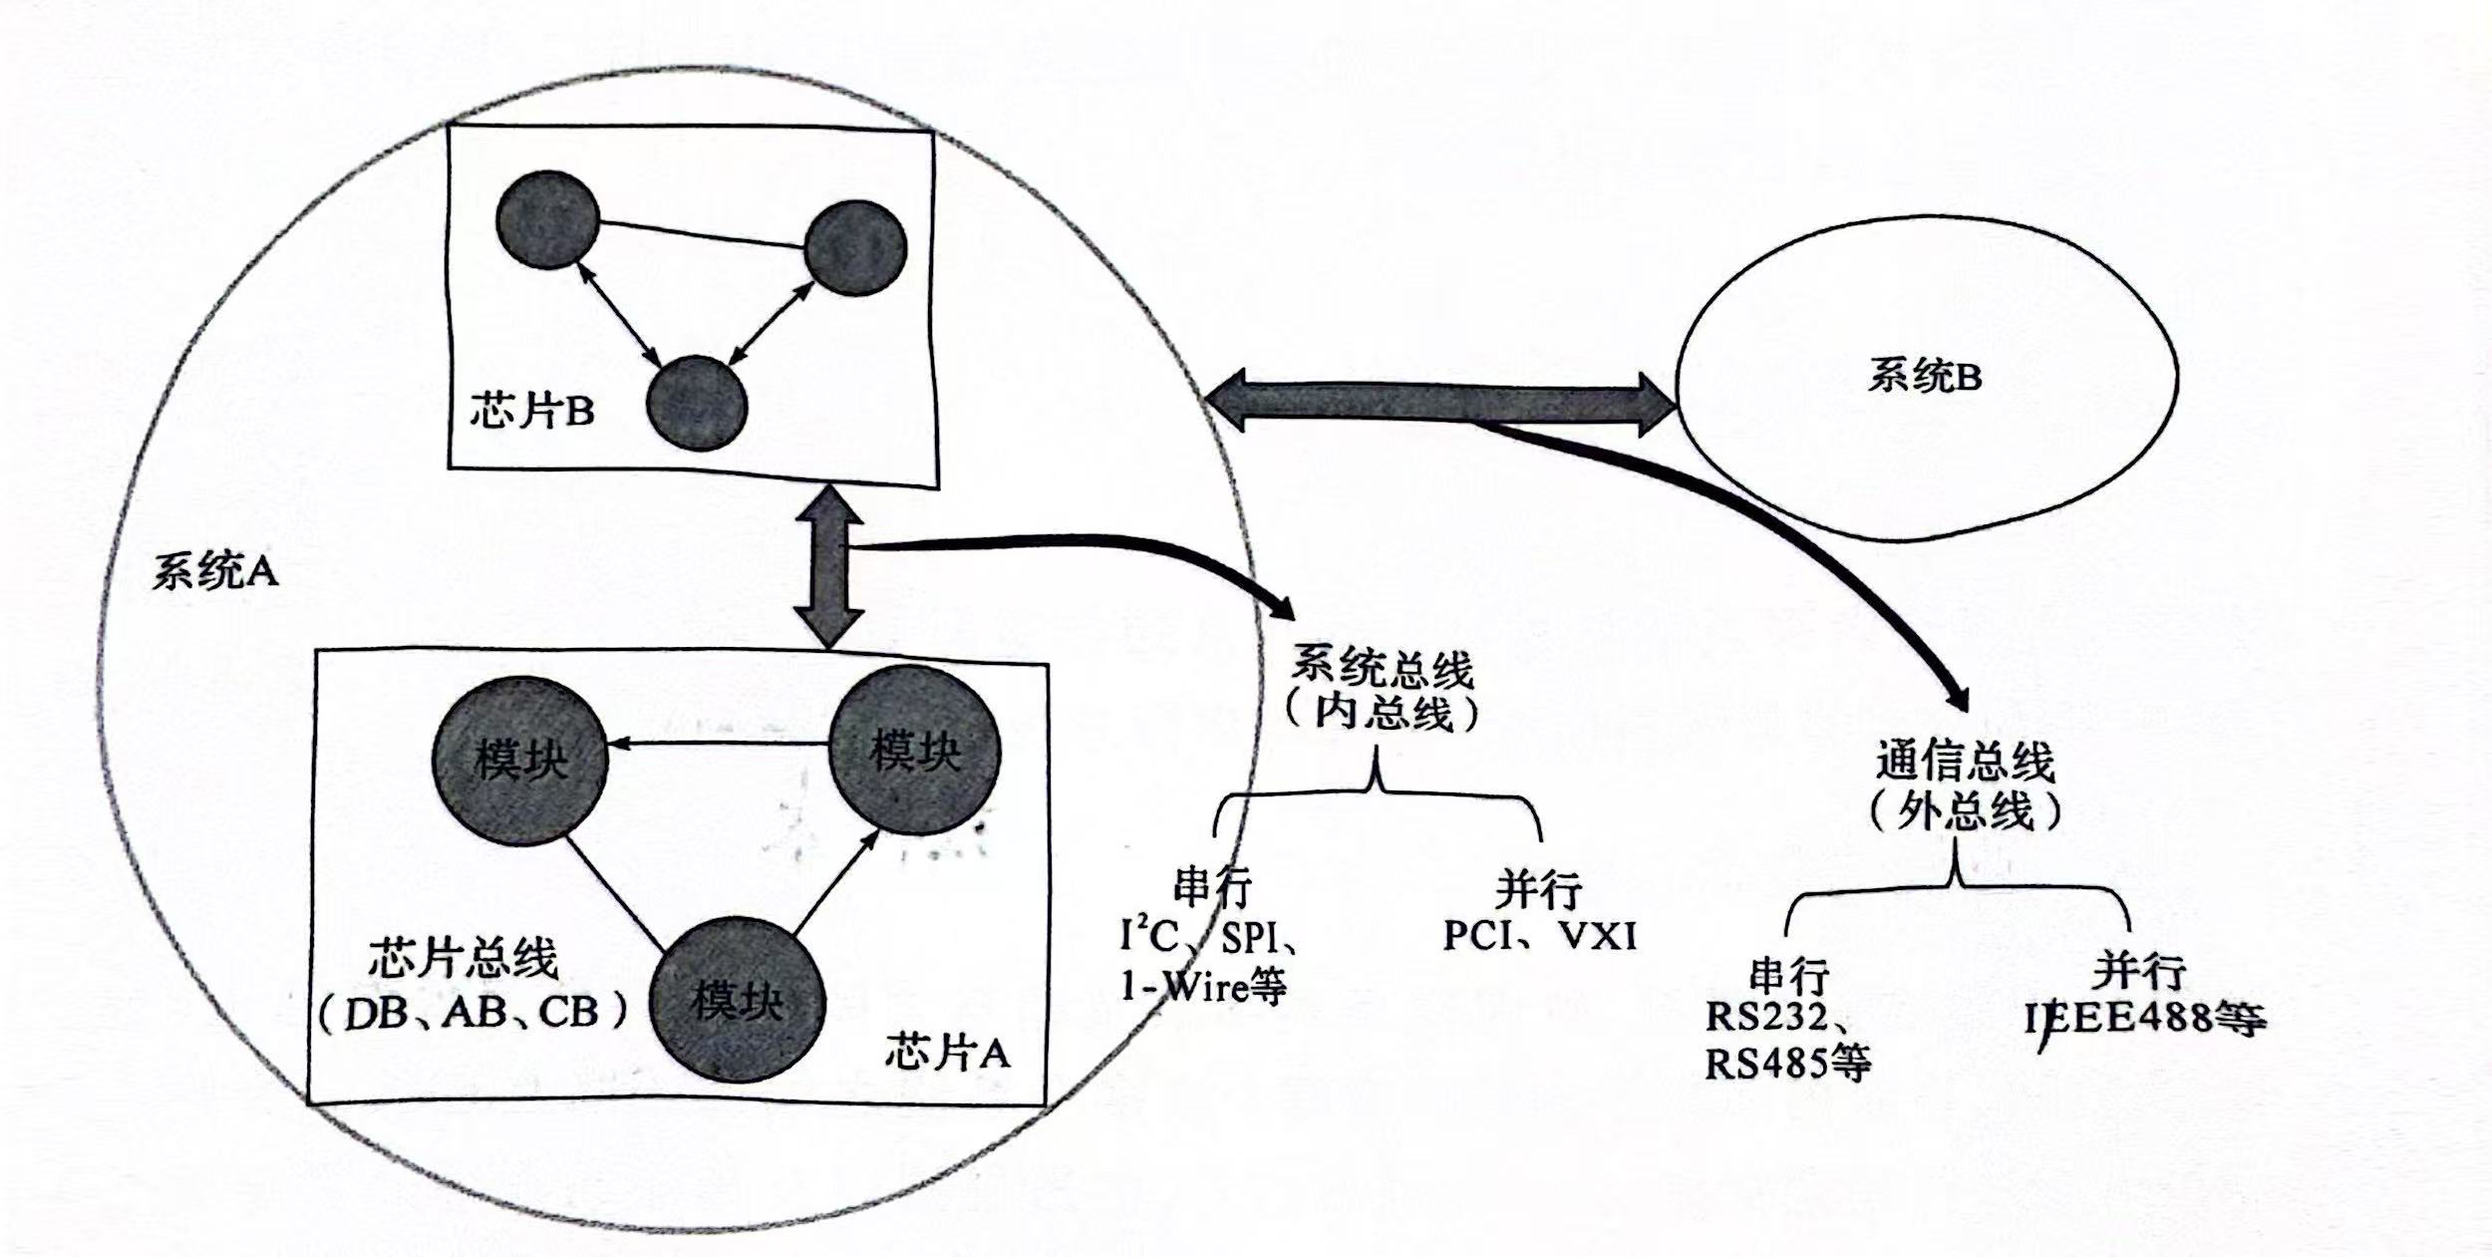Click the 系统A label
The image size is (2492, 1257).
tap(213, 572)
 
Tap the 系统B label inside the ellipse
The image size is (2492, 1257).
tap(1924, 378)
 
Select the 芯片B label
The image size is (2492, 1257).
tap(531, 411)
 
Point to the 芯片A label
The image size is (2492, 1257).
tap(947, 1053)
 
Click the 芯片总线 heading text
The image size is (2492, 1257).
tap(464, 960)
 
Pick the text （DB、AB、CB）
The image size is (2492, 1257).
tap(474, 1013)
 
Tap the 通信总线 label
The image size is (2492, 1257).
tap(1965, 763)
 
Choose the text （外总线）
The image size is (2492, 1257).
tap(1965, 811)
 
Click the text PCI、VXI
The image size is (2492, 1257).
tap(1539, 936)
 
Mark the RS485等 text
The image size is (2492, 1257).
tap(1787, 1064)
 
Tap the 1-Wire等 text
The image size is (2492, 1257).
tap(1203, 986)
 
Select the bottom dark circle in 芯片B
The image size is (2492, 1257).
tap(696, 403)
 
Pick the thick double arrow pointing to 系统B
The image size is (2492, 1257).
tap(1440, 401)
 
